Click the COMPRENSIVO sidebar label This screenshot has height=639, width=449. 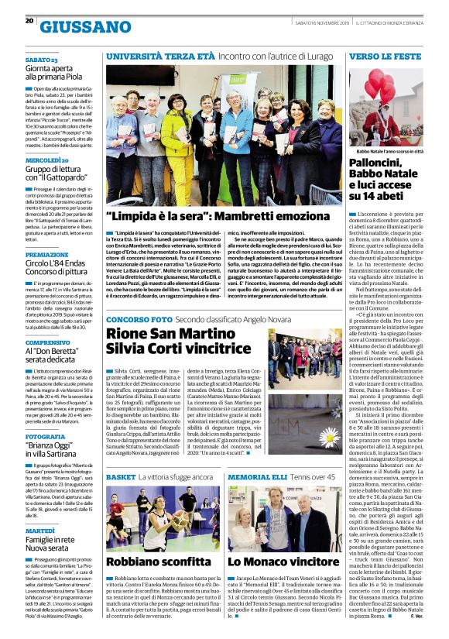47,342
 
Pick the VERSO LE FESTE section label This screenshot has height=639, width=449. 385,57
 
